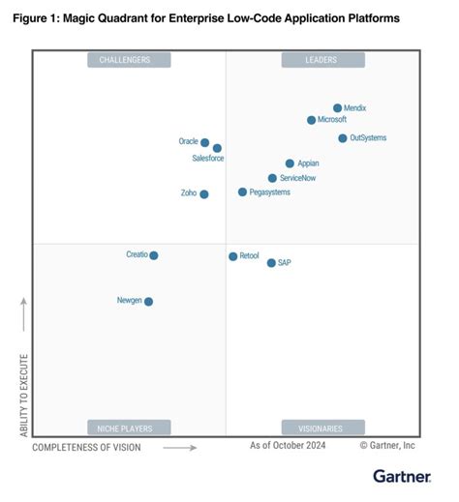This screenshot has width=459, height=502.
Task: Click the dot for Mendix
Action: click(x=337, y=108)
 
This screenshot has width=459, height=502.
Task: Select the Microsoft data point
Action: click(x=311, y=120)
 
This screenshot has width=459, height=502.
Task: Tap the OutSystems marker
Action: click(x=343, y=138)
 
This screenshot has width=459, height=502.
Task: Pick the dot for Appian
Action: click(x=290, y=163)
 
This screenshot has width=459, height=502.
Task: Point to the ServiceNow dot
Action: click(x=272, y=178)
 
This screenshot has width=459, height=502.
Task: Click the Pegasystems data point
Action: click(x=242, y=192)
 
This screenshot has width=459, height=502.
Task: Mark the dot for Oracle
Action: click(x=204, y=142)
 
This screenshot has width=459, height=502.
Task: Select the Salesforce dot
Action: click(x=217, y=148)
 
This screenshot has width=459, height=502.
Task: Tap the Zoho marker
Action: click(x=203, y=194)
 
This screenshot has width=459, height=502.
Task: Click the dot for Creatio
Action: click(x=154, y=255)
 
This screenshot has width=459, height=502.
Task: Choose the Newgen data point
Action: click(x=148, y=302)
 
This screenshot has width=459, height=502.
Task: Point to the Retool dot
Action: click(x=232, y=256)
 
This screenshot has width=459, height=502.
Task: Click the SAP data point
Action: click(x=271, y=263)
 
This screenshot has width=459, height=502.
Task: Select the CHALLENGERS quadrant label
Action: click(x=129, y=60)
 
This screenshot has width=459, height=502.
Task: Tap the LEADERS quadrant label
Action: click(x=322, y=60)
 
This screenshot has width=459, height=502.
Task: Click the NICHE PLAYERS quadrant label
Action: click(x=129, y=428)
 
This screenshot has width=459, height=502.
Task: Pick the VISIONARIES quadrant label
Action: click(x=322, y=428)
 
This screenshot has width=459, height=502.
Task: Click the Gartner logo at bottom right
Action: click(x=402, y=476)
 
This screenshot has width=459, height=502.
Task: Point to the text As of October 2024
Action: click(x=288, y=446)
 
